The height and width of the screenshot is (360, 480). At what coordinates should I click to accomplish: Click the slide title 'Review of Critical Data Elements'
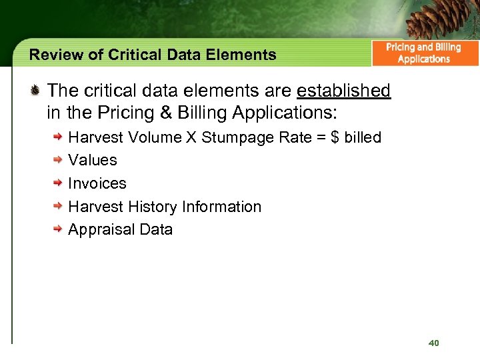(153, 55)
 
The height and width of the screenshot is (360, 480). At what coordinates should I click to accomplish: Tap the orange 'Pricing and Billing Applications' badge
(424, 53)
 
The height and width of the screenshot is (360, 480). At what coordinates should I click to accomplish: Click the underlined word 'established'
(344, 91)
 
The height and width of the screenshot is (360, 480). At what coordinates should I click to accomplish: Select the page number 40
(434, 343)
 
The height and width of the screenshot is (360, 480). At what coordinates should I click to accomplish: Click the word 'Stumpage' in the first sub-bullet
(233, 138)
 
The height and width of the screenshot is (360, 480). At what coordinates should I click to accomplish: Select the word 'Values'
(93, 161)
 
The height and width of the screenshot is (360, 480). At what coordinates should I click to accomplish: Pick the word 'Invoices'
(97, 183)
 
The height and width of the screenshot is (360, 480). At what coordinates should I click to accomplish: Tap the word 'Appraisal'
(101, 230)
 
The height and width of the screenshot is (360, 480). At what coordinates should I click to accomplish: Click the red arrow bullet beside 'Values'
(59, 161)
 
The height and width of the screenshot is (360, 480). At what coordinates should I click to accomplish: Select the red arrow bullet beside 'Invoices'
(59, 183)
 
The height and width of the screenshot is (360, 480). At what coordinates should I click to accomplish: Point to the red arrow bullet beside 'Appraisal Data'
(59, 229)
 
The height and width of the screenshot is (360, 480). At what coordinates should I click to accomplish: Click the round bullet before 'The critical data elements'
(37, 90)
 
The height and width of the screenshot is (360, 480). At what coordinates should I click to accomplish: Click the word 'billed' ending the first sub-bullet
(363, 138)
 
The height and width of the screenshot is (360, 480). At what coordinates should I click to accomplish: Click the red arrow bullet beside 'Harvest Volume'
(59, 137)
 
